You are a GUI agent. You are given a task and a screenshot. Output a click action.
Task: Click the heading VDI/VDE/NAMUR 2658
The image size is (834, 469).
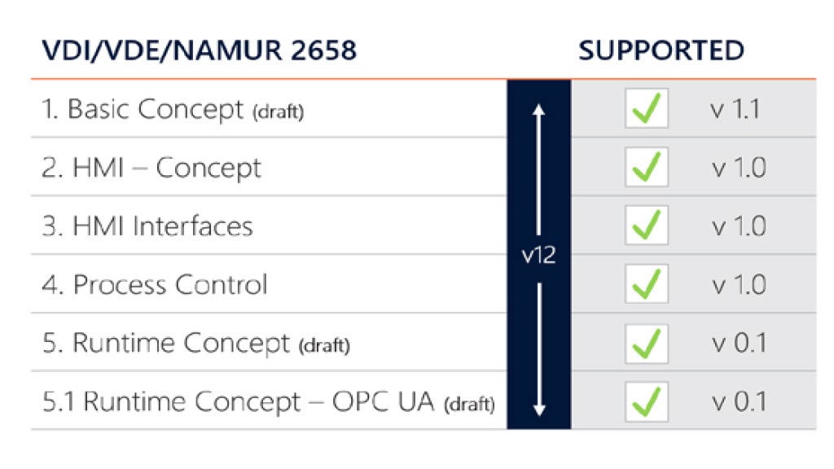[199, 51]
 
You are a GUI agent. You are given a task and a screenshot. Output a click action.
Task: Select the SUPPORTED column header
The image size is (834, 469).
[661, 51]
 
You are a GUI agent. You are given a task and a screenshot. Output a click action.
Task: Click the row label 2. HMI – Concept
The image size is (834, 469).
[151, 168]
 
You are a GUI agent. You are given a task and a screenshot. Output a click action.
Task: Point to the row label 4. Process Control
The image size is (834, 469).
[154, 285]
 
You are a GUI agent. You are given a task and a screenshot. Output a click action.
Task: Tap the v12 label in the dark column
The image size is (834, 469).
[538, 254]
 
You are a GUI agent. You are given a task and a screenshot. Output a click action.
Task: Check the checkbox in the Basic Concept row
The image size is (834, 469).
[647, 109]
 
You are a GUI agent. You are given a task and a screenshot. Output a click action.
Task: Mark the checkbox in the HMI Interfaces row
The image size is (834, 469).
[647, 226]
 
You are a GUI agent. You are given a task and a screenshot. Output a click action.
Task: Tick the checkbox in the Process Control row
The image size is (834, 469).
[647, 285]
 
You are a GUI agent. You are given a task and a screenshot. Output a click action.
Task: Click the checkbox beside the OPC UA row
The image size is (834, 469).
[647, 401]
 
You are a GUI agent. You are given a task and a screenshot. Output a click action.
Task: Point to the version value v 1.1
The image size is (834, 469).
[735, 109]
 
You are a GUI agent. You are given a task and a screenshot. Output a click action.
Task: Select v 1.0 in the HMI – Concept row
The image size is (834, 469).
[738, 168]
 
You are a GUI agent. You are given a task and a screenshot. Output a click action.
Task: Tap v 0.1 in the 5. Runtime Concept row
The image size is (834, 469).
[738, 343]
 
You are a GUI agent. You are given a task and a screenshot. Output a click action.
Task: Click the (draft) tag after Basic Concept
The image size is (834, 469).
[278, 112]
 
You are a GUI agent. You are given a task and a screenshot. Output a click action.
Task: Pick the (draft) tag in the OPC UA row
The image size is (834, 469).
[469, 404]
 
